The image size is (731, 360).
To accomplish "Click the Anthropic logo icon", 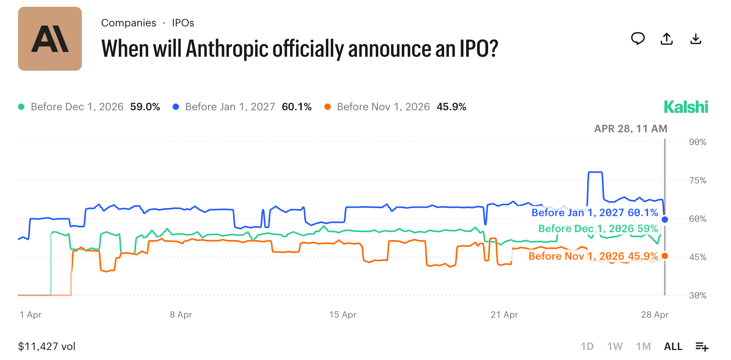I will (x=50, y=39).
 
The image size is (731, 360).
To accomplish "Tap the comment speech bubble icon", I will (x=638, y=39).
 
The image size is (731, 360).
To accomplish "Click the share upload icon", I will (x=667, y=39).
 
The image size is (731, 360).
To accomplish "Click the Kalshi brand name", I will (x=686, y=107).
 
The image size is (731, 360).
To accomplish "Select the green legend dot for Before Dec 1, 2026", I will (x=22, y=107).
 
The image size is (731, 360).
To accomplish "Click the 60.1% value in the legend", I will (x=296, y=107).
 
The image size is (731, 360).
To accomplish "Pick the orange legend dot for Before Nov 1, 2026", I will (x=328, y=107).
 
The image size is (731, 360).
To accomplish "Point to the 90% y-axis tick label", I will (x=697, y=142).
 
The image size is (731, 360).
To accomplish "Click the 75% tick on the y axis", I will (x=697, y=181).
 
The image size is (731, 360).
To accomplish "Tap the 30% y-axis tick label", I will (x=697, y=296).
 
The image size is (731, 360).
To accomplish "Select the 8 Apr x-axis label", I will (x=181, y=315).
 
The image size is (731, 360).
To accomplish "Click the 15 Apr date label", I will (x=343, y=315).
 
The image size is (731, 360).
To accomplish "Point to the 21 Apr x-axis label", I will (x=504, y=315).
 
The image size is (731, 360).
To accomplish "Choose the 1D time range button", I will (x=587, y=346).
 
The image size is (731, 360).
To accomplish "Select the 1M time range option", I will (x=643, y=346).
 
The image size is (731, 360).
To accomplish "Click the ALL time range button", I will (x=673, y=346).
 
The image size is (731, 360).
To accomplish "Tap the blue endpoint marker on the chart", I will (x=665, y=219).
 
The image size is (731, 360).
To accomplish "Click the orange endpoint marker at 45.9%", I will (x=665, y=256).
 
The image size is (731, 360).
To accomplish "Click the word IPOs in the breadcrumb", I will (x=183, y=23).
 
